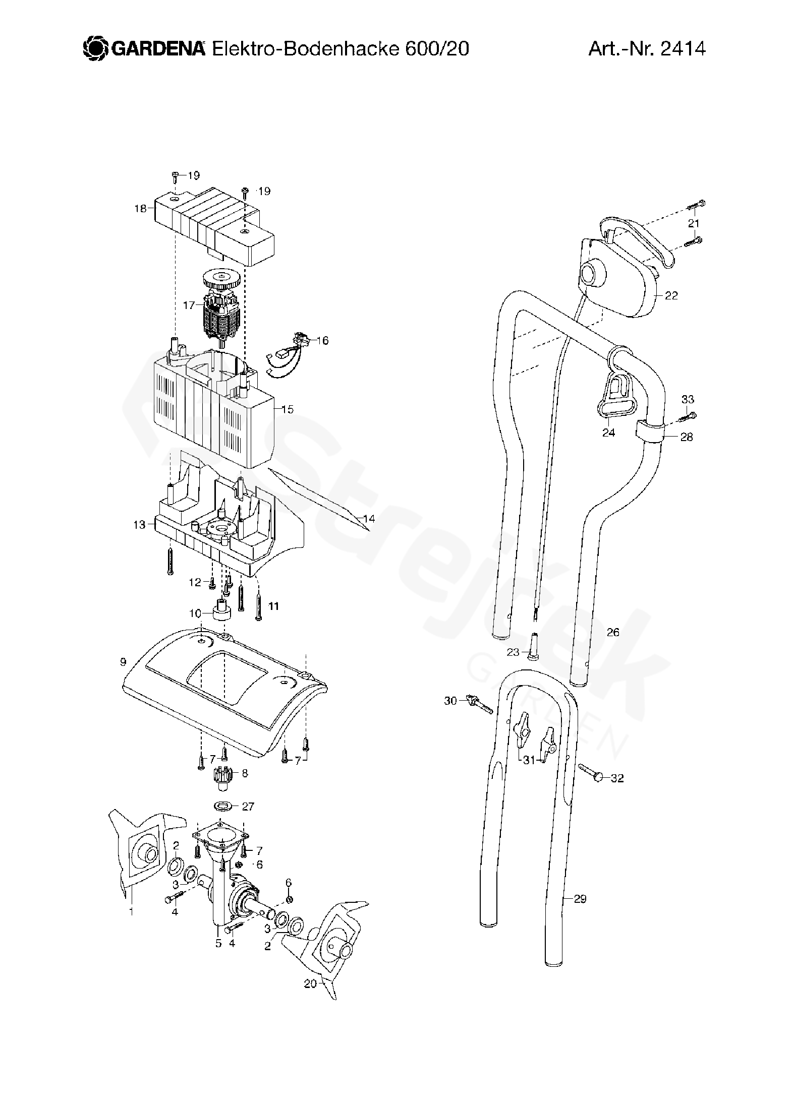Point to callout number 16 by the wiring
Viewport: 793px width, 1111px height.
point(322,341)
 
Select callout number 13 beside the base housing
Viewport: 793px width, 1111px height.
point(139,525)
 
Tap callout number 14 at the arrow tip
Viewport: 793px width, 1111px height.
point(369,519)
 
